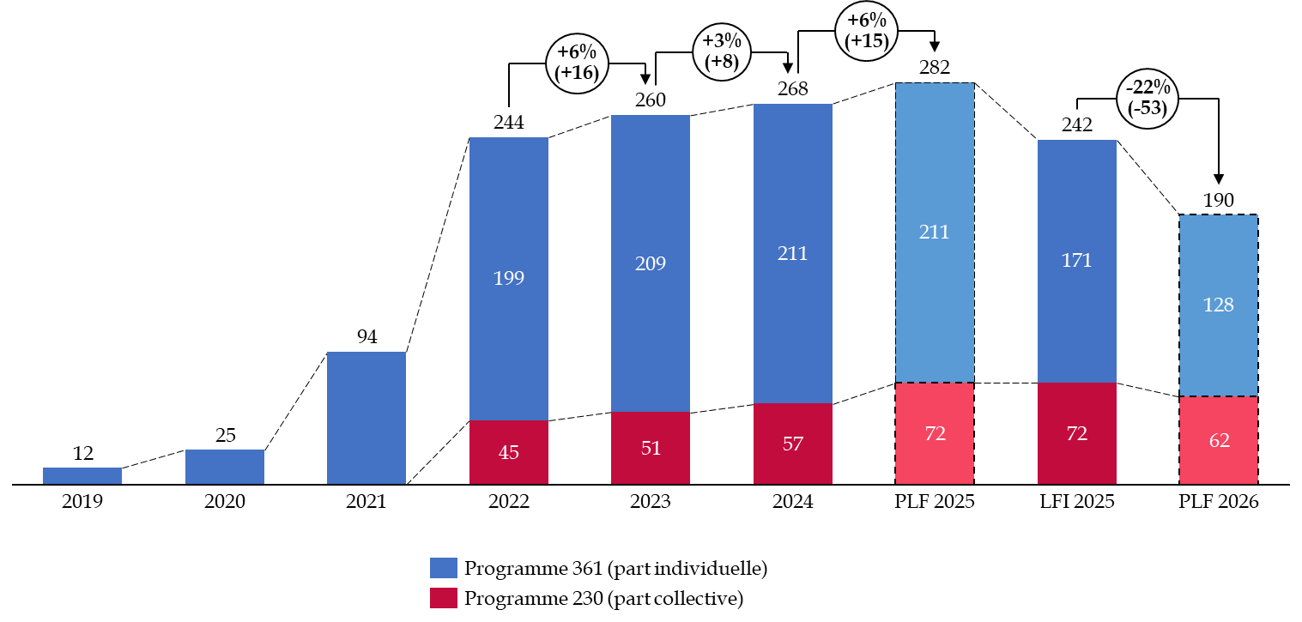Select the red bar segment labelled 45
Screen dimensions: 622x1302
coord(508,451)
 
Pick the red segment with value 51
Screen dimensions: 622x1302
coord(650,447)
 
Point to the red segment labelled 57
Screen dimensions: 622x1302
coord(792,443)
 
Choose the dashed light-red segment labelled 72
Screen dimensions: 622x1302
coord(935,433)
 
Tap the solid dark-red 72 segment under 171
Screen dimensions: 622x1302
coord(1076,433)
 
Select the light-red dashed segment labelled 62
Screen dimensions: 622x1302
coord(1218,440)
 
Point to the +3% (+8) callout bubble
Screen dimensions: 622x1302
coord(721,51)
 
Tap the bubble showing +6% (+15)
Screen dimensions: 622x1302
coord(866,31)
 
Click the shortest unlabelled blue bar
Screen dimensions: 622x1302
coord(82,475)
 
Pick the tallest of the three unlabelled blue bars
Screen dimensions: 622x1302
coord(366,418)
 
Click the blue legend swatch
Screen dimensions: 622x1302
coord(444,568)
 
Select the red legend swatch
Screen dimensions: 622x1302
coord(444,598)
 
